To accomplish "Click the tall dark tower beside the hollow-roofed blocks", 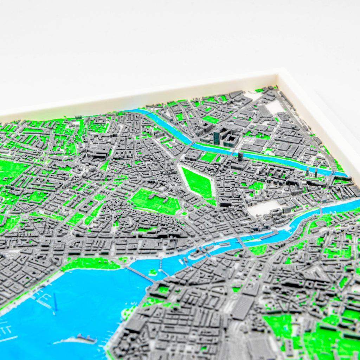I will tap(216, 137).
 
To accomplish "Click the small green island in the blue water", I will tap(153, 272).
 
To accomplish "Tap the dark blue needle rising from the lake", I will tap(55, 302).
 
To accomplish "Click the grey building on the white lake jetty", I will tap(86, 338).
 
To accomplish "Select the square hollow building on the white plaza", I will tap(276, 212).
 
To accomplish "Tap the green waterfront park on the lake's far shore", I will tap(91, 263).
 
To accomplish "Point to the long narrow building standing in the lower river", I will tap(268, 235).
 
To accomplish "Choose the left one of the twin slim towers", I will tap(308, 171).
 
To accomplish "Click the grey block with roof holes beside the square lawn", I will tap(193, 155).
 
